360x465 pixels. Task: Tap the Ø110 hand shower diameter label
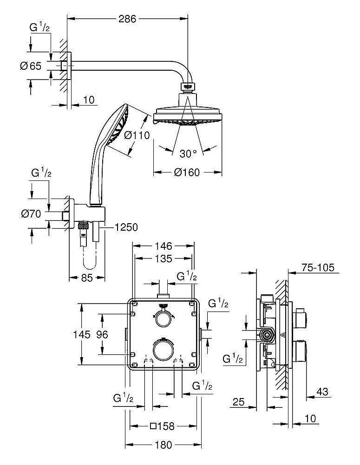click(139, 136)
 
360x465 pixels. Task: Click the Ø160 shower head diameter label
click(188, 173)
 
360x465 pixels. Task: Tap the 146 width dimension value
click(164, 246)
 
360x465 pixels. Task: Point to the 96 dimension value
click(109, 334)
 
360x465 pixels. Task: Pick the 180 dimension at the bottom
click(164, 445)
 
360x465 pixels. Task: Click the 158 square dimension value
click(164, 425)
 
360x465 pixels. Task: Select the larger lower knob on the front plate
click(163, 349)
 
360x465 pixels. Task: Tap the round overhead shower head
click(187, 112)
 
